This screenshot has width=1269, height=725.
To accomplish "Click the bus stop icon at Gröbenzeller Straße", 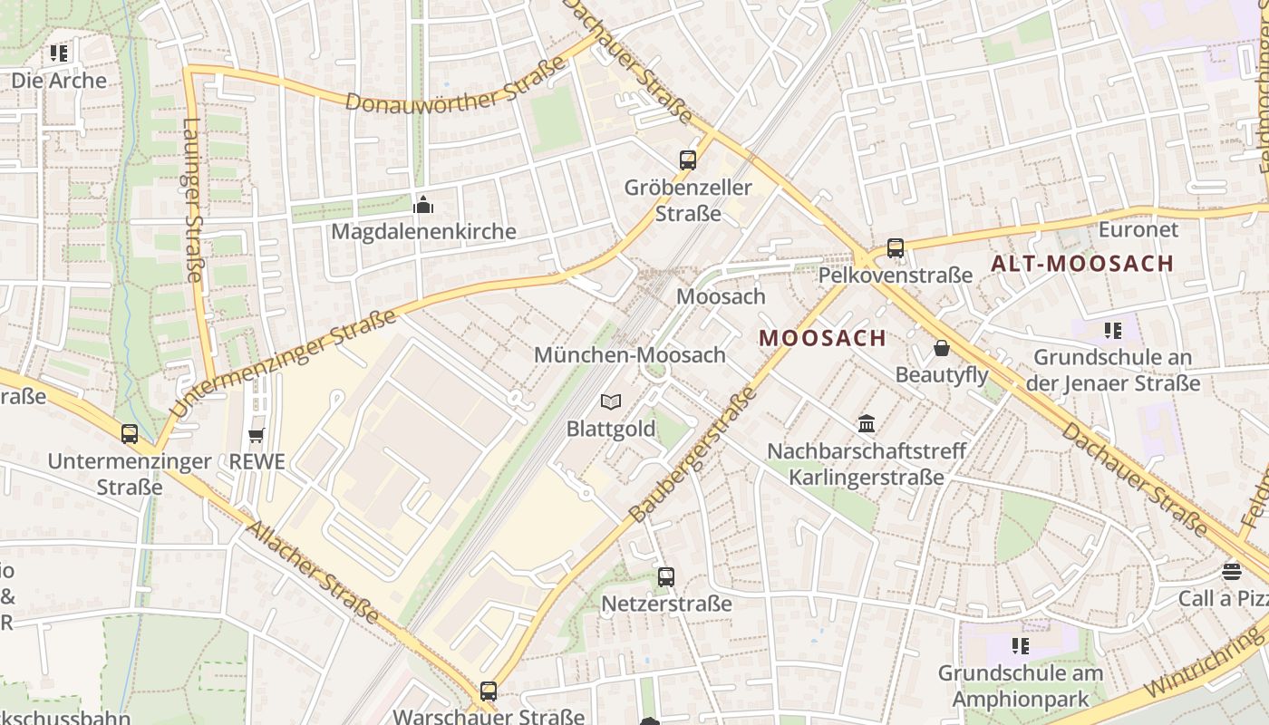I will click(688, 160).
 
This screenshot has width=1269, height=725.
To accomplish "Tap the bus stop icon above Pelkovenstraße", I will click(896, 247).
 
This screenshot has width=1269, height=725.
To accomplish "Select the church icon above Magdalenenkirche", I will click(423, 206).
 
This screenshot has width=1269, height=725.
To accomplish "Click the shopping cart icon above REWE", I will click(257, 436).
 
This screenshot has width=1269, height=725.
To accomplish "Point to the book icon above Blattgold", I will click(611, 401).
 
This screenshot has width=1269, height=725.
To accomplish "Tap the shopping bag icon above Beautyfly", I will click(942, 348).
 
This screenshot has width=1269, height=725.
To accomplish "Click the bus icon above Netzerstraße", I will click(666, 576).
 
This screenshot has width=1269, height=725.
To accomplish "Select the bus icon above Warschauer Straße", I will click(489, 691).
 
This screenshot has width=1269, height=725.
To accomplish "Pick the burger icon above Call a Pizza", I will click(1231, 571).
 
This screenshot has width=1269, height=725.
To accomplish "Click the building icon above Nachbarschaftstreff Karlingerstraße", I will click(867, 423).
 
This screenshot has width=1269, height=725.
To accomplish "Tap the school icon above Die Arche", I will click(59, 53).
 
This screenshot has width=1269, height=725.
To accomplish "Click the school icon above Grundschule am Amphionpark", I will click(1021, 646).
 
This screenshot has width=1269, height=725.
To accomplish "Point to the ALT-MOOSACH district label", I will click(1082, 264).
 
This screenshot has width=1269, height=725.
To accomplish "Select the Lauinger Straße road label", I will click(193, 200).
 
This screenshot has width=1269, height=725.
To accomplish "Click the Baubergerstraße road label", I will click(693, 455).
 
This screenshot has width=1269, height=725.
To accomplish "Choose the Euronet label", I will click(1138, 229).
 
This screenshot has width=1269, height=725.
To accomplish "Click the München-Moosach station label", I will click(630, 355).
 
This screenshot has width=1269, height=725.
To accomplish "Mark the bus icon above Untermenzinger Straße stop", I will click(130, 434).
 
